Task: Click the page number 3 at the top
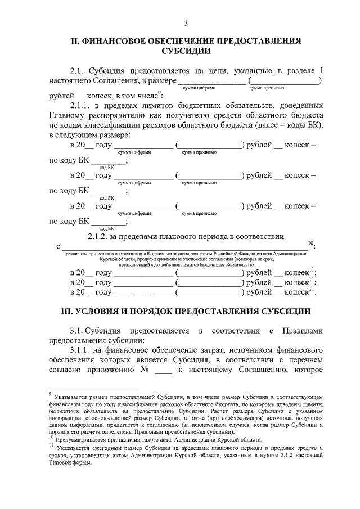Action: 185,23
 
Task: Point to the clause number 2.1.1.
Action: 80,106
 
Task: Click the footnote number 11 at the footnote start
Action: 51,444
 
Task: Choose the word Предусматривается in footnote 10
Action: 79,439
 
